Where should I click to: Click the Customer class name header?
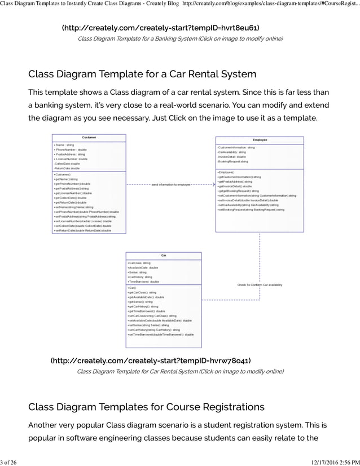(x=89, y=137)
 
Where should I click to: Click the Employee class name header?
(x=260, y=139)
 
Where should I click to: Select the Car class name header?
(x=163, y=255)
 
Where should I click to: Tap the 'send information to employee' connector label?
(x=171, y=184)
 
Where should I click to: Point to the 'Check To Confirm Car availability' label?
(x=260, y=284)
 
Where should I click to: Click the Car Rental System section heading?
(x=142, y=74)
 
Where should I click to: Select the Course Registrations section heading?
(x=146, y=407)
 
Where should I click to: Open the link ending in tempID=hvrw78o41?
(x=151, y=361)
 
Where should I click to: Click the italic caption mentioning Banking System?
(x=180, y=38)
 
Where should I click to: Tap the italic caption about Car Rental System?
(x=180, y=371)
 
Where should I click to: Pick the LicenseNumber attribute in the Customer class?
(x=71, y=159)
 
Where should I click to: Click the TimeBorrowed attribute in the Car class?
(x=144, y=281)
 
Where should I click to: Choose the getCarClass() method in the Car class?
(x=143, y=292)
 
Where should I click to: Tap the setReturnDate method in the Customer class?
(x=82, y=230)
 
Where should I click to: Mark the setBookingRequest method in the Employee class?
(x=251, y=209)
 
